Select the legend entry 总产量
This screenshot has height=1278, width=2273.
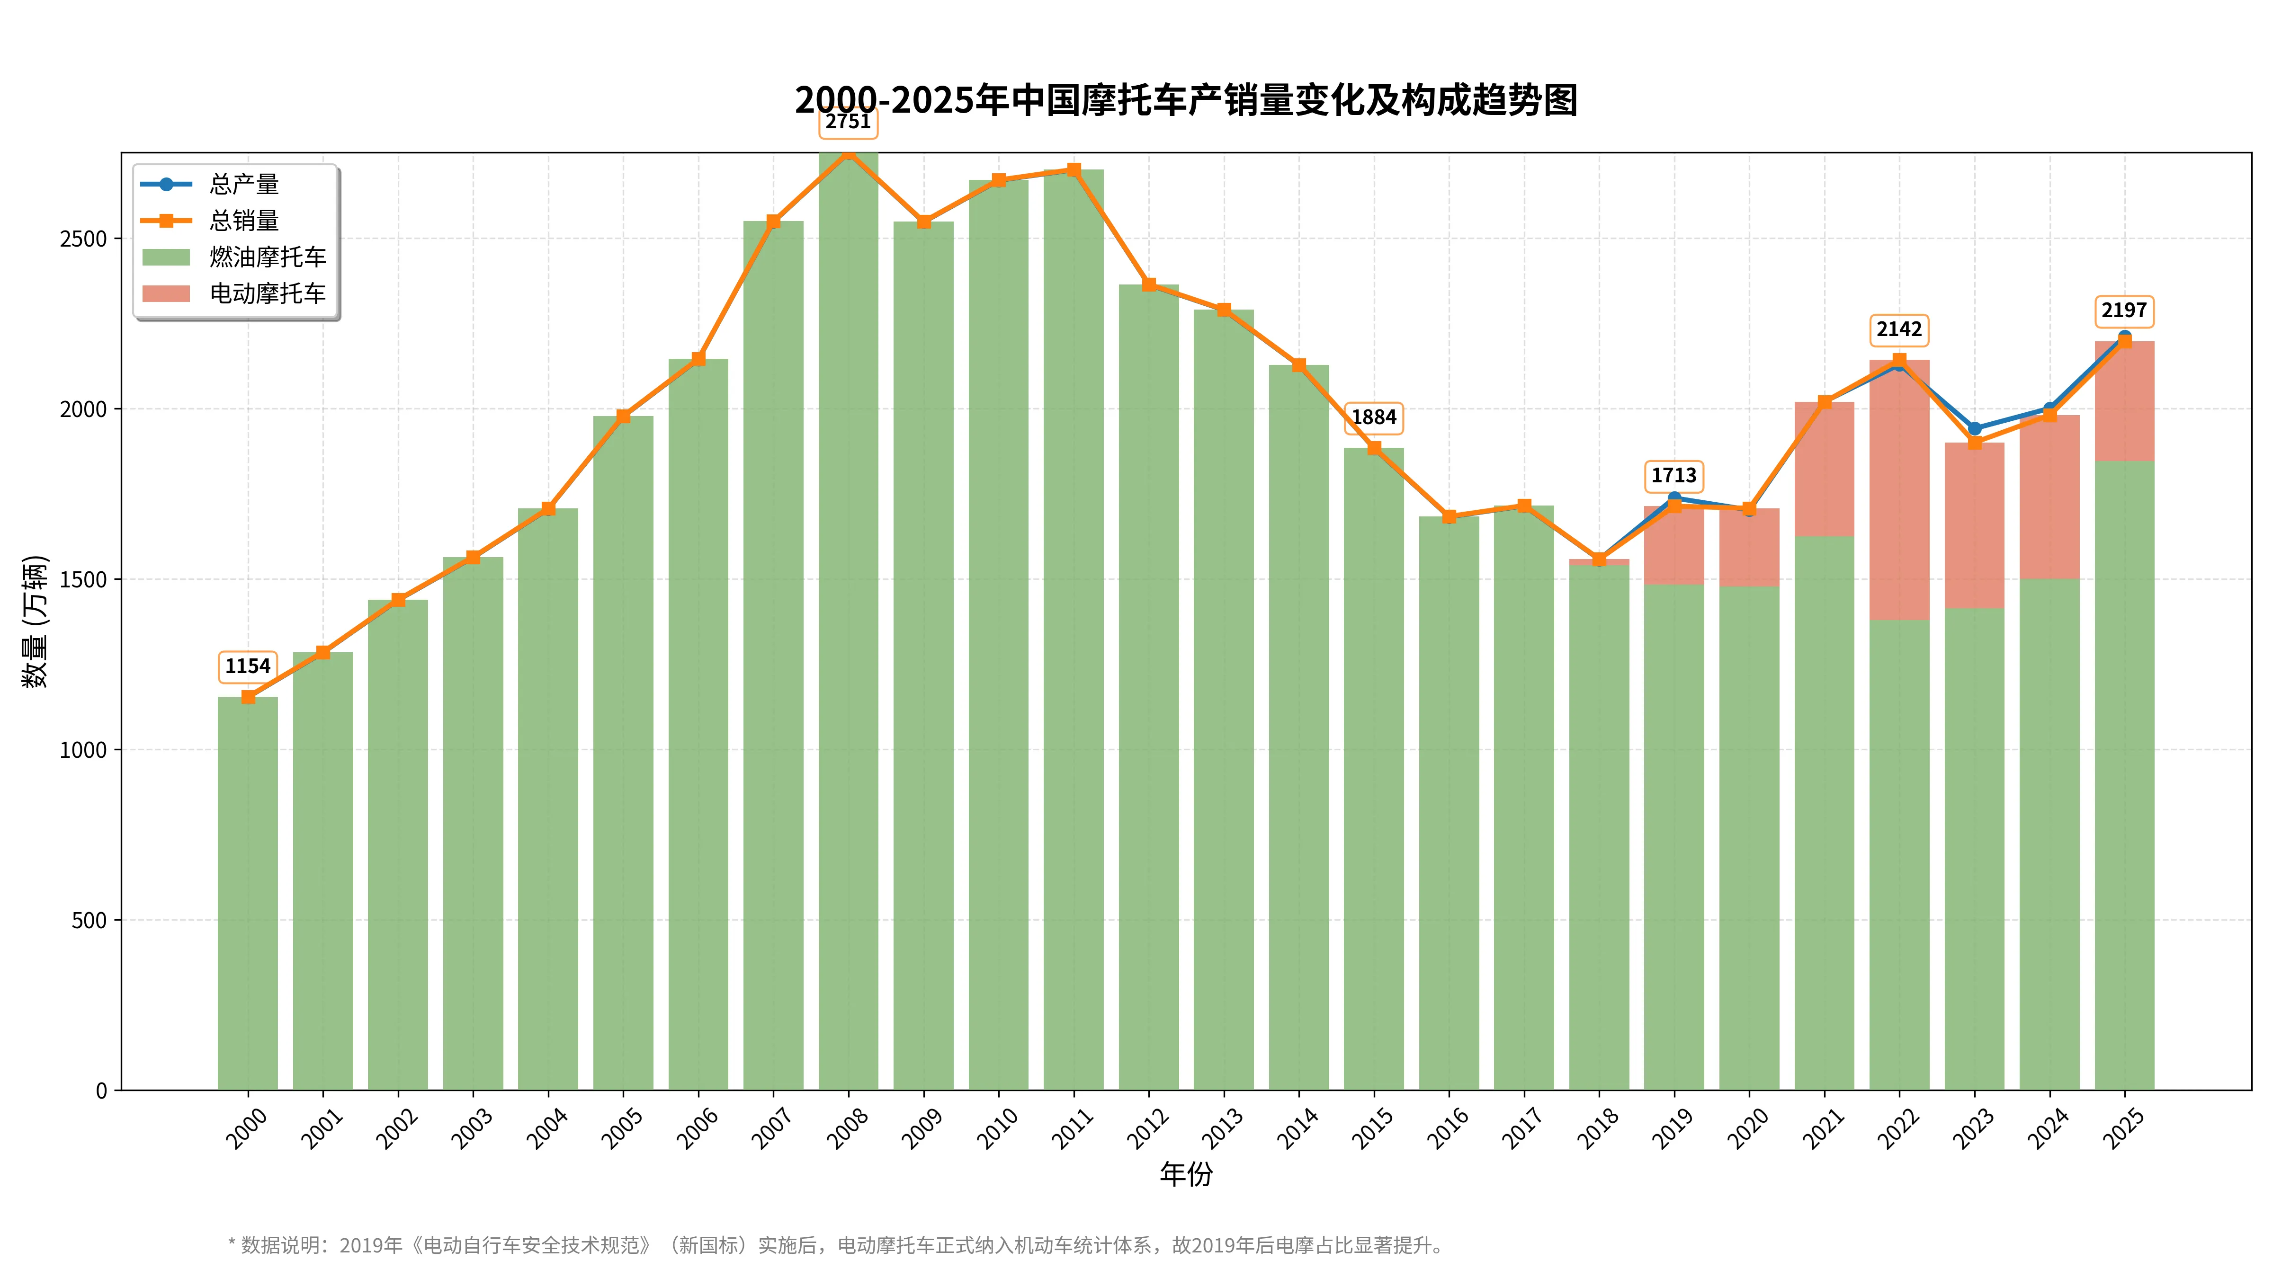(x=243, y=184)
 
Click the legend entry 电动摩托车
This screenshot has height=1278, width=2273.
(x=268, y=293)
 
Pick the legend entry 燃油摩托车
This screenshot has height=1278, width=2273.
(x=268, y=257)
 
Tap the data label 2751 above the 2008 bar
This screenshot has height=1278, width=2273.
(x=848, y=122)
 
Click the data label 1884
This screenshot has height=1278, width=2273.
(x=1374, y=417)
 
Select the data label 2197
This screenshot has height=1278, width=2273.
(x=2124, y=311)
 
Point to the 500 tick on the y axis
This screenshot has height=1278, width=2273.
(x=89, y=921)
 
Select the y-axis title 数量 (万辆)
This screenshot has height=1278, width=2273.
(x=36, y=622)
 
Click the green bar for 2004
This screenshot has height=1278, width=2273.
(x=548, y=794)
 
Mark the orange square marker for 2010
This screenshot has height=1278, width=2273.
(x=999, y=180)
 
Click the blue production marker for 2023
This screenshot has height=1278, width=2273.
(x=1975, y=429)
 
